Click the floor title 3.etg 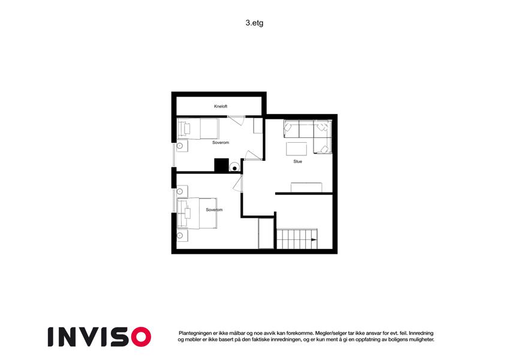tap(254, 23)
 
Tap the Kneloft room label tap(221, 106)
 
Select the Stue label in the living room tap(298, 161)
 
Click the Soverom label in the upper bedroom tap(221, 143)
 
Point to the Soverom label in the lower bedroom tap(214, 210)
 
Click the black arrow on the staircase tap(314, 240)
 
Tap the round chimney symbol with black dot tap(234, 167)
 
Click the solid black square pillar tap(221, 165)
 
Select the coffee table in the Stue tap(296, 149)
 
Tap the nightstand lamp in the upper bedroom tap(179, 146)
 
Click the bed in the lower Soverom tap(197, 213)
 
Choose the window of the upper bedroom tap(174, 155)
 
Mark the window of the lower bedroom tap(174, 200)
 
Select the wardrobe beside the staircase tap(266, 233)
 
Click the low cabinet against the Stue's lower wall tap(306, 187)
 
